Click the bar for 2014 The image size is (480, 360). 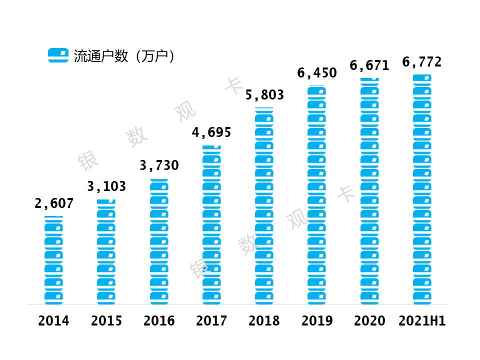click(x=53, y=260)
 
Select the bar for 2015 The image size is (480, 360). click(x=106, y=252)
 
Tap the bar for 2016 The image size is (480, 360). click(x=159, y=242)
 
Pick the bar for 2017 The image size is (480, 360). click(x=211, y=225)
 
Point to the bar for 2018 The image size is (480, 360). click(x=264, y=206)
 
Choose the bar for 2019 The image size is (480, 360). click(x=316, y=195)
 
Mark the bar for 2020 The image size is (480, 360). click(x=369, y=191)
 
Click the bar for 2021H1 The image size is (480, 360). click(x=422, y=189)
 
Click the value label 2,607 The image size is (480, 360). click(x=54, y=204)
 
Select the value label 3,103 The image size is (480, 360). click(x=106, y=187)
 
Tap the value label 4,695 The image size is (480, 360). click(x=211, y=133)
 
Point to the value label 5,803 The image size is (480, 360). click(x=264, y=95)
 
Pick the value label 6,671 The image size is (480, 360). click(x=369, y=65)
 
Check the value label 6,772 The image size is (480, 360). click(x=422, y=62)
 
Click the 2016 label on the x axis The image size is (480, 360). click(x=159, y=321)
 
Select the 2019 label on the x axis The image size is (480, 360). click(x=317, y=321)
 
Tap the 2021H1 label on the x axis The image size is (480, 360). click(x=422, y=321)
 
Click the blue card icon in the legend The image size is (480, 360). click(x=58, y=55)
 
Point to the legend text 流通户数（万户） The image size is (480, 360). click(x=125, y=56)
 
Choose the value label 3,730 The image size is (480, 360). click(x=159, y=165)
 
